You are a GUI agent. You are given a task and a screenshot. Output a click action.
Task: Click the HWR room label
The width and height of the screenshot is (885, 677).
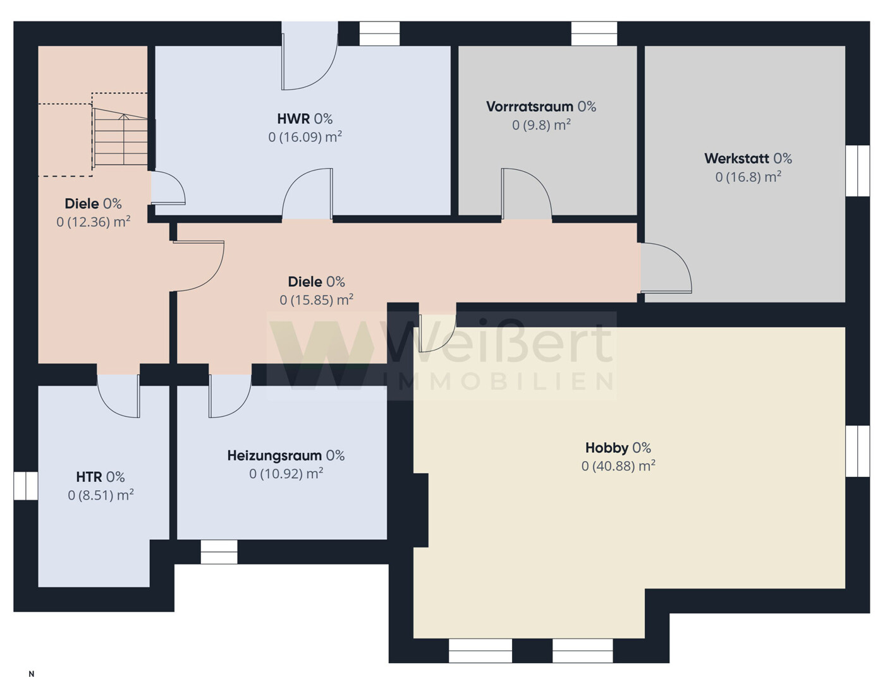point(293,119)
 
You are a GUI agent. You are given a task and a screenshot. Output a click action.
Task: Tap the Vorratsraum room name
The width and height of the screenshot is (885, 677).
point(530,107)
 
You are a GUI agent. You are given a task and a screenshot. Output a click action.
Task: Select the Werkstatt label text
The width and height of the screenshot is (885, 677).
point(736,159)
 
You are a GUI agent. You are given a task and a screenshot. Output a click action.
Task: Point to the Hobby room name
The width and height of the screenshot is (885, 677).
point(606,448)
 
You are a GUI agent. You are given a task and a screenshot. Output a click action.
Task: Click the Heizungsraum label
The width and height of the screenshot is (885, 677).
point(274,456)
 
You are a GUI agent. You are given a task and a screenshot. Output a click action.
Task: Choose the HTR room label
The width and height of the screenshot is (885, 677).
point(88,477)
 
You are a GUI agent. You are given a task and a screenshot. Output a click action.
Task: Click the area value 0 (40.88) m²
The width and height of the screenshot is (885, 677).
point(618,466)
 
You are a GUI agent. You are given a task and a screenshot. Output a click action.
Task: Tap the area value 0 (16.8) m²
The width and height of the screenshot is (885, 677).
point(748,177)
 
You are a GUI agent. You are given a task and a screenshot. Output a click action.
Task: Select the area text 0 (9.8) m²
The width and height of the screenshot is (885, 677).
point(541,125)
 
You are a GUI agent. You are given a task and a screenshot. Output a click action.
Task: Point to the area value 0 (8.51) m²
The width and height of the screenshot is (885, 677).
point(101,495)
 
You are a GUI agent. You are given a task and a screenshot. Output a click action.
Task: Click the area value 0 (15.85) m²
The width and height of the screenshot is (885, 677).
point(316,300)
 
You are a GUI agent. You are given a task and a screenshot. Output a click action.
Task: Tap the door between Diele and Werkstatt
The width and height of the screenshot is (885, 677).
point(666,267)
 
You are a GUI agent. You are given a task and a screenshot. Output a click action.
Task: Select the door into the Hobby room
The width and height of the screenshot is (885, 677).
point(437,333)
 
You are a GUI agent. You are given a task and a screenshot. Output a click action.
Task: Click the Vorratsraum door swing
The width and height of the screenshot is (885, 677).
point(526,194)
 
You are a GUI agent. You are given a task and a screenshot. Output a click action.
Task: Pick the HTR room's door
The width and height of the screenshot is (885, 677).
point(118,395)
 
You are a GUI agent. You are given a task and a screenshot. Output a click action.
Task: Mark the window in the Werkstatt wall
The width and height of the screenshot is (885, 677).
point(857,171)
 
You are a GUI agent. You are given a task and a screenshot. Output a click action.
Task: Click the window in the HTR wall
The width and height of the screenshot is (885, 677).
point(26,486)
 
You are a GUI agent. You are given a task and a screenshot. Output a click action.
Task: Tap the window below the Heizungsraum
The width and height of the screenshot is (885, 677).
point(219,552)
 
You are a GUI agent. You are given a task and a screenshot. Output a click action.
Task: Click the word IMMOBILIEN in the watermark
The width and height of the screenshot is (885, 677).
point(498,381)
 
